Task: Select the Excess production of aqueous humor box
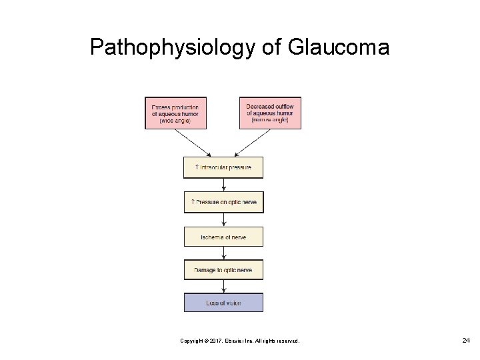coord(175,113)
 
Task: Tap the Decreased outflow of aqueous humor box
coord(269,113)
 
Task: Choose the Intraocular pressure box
coord(223,167)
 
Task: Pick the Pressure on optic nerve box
coord(223,202)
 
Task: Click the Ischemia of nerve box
coord(223,237)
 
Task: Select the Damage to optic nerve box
coord(223,270)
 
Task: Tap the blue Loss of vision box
coord(223,303)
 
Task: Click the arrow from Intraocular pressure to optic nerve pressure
coord(223,185)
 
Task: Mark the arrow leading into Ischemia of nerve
coord(223,219)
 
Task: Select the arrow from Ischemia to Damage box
coord(223,253)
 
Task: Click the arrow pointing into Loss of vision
coord(223,287)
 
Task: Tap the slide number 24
coord(466,341)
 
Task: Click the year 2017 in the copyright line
coord(216,341)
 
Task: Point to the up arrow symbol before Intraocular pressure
coord(196,167)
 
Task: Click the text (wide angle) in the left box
coord(175,121)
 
